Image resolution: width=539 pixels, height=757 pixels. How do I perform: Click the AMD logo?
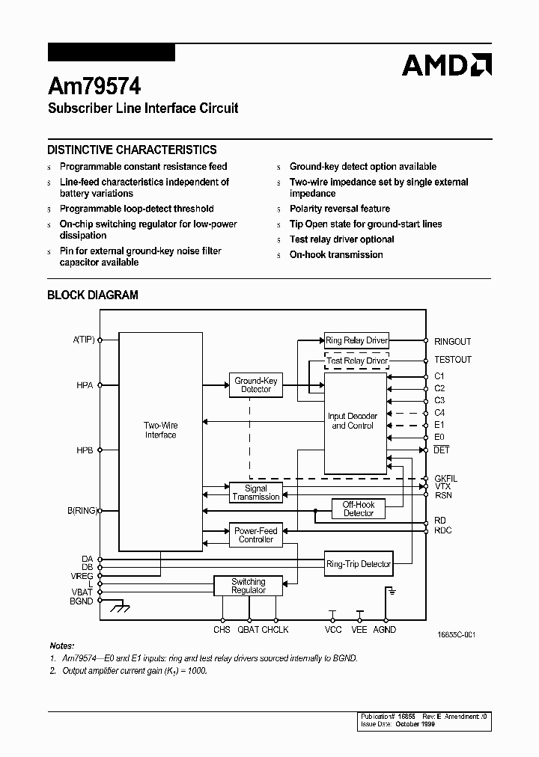tap(446, 65)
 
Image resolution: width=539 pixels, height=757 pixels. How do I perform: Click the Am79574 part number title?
tap(94, 86)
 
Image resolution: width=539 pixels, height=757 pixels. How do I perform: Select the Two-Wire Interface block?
tap(160, 430)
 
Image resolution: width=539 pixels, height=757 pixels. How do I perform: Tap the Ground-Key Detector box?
tap(255, 384)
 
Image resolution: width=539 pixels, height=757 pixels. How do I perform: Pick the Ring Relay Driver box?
tap(356, 340)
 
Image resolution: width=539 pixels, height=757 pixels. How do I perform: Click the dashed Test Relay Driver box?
tap(356, 361)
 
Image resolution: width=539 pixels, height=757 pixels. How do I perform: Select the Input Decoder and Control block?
tap(353, 420)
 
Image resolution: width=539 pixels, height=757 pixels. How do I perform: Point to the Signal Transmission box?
tap(255, 492)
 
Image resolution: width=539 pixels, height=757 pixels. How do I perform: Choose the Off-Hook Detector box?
tap(359, 509)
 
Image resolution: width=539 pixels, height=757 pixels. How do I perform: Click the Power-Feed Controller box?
tap(255, 535)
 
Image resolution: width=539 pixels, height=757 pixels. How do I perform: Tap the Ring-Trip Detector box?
tap(359, 563)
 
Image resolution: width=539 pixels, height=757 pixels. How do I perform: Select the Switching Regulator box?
tap(248, 586)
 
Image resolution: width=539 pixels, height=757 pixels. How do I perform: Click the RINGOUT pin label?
tap(452, 342)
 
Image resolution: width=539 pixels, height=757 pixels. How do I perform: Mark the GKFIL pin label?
tap(445, 478)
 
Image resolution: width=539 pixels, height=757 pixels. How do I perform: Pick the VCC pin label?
tap(333, 630)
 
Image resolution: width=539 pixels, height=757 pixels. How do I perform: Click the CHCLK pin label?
tap(275, 630)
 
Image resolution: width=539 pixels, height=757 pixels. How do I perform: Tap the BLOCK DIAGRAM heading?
tap(93, 295)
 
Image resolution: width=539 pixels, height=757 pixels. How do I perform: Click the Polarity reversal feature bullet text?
tap(339, 209)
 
